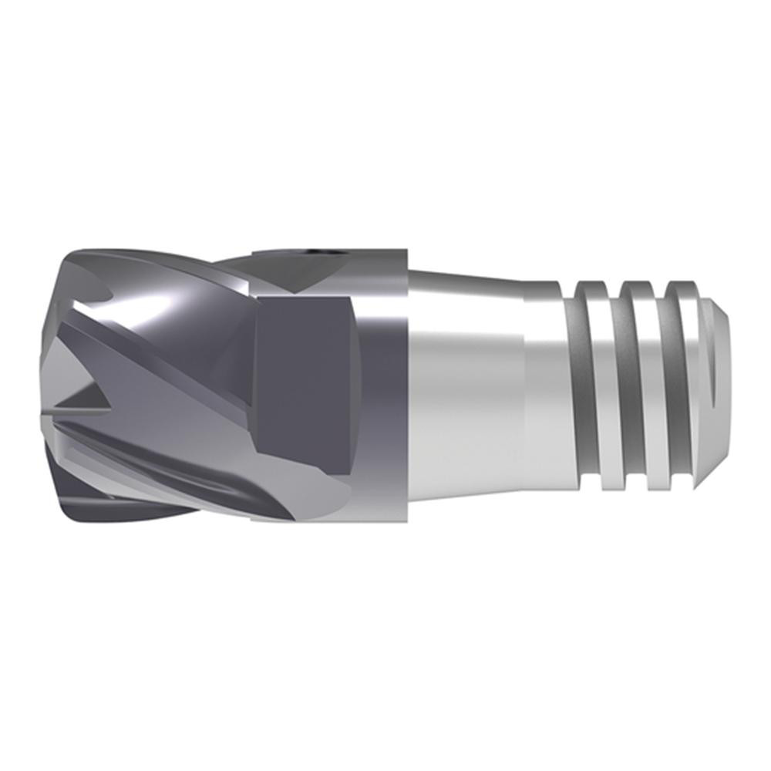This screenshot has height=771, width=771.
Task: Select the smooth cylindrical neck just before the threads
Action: [547, 385]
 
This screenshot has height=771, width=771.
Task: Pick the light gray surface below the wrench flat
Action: [324, 501]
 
